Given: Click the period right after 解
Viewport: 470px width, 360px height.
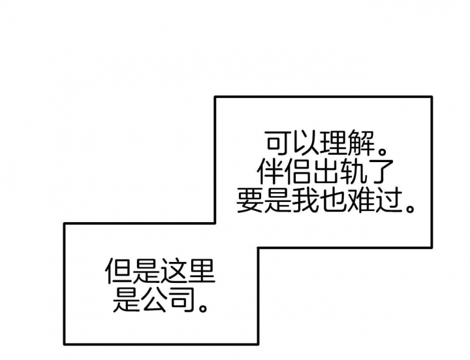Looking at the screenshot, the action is [382, 150].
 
